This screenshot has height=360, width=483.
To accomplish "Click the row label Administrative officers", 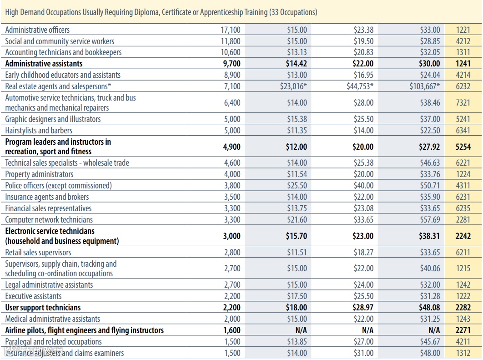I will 37,30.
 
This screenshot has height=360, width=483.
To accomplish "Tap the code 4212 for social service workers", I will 463,41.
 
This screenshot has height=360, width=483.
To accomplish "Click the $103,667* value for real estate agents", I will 424,86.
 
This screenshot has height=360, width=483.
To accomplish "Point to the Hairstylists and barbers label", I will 39,131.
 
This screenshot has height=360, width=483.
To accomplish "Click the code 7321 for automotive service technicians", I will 463,103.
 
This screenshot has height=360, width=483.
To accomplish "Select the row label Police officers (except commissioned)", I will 58,186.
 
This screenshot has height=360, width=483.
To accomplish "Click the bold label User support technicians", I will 43,308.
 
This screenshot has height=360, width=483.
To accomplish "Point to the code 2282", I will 463,308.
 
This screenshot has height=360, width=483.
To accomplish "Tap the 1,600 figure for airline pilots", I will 232,330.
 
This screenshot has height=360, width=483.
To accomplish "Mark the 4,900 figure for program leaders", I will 232,147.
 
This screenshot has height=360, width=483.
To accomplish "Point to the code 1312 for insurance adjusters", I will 463,353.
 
